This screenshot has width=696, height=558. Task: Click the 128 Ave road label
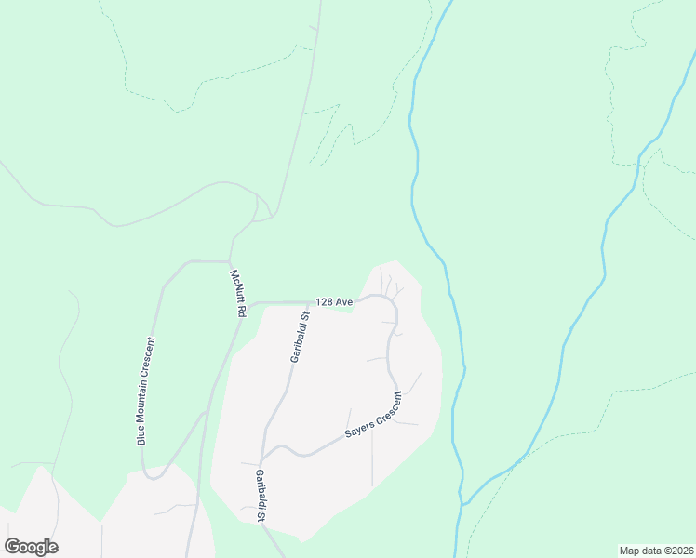point(334,302)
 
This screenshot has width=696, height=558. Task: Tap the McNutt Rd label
point(237,294)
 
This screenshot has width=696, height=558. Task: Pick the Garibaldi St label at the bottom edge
point(261,496)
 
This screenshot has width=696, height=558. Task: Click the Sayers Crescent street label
point(373,415)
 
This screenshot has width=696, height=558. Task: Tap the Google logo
point(31,547)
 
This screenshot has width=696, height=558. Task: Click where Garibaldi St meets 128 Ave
point(308,302)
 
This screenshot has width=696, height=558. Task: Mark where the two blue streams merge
point(462,503)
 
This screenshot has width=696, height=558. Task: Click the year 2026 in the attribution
point(680,550)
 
